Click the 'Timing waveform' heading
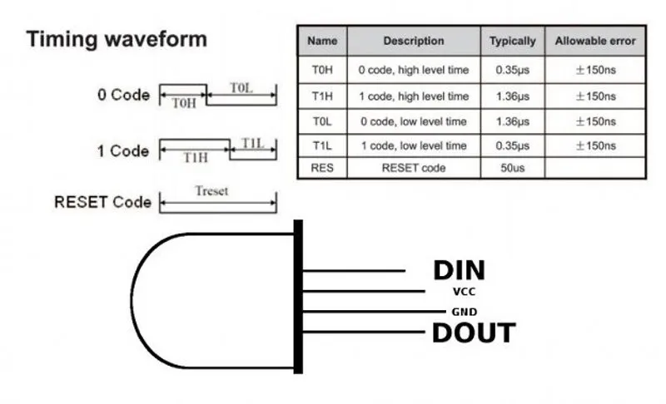[x=117, y=39]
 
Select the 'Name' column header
[x=322, y=41]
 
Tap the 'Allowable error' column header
[x=594, y=41]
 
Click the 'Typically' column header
[x=513, y=41]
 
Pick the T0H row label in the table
[x=322, y=70]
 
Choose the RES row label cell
[x=322, y=168]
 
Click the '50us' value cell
[x=513, y=168]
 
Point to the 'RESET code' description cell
[x=414, y=168]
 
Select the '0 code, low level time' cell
[x=414, y=121]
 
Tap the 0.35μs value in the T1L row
[x=513, y=145]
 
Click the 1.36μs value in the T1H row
[x=513, y=96]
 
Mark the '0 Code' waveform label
[x=123, y=95]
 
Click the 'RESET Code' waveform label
[x=102, y=202]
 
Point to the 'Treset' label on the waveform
[x=211, y=191]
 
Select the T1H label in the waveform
[x=196, y=157]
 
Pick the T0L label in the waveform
[x=241, y=88]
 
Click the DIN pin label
[x=458, y=270]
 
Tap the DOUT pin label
[x=472, y=333]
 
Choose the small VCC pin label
[x=464, y=292]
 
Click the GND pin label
[x=464, y=312]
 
